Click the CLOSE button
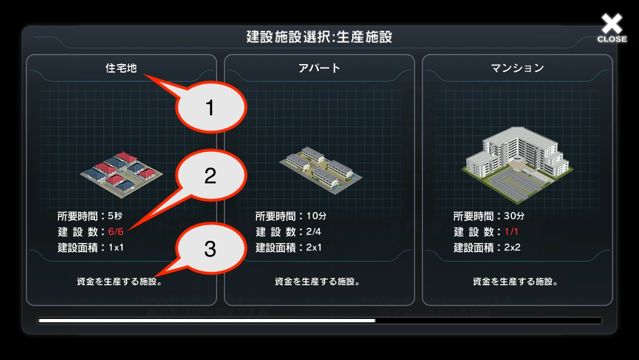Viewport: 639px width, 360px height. pos(611,28)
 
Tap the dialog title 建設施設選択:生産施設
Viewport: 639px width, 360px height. pos(319,37)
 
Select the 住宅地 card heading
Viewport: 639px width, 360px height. pos(121,68)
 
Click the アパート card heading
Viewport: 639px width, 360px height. pos(319,68)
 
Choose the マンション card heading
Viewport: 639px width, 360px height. pos(517,68)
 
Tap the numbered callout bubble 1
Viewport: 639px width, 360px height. pos(210,107)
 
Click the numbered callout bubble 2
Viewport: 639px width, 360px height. pos(210,176)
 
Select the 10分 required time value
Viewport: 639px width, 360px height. pos(316,215)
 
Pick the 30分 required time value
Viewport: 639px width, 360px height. pos(514,215)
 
